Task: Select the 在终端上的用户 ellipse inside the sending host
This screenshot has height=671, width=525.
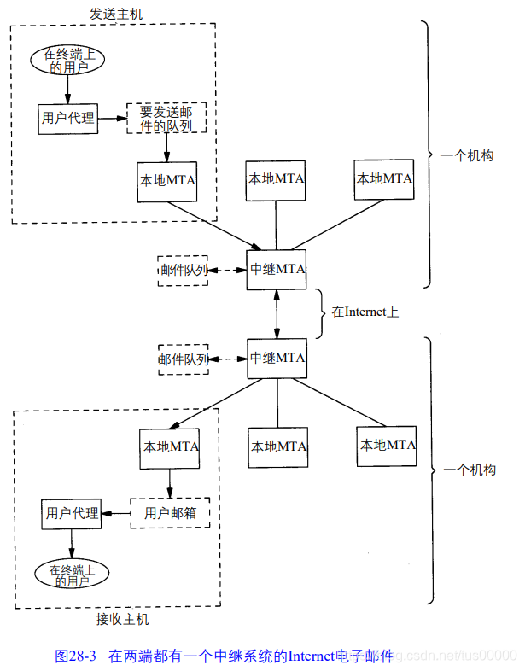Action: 69,59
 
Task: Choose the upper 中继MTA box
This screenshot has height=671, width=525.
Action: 277,270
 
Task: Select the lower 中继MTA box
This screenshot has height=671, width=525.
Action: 277,359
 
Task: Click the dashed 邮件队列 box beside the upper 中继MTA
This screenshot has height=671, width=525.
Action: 183,271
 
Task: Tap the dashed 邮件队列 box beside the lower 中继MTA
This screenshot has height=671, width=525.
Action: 183,359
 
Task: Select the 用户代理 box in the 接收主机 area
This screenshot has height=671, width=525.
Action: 72,513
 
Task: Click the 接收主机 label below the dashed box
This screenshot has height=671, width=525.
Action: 122,618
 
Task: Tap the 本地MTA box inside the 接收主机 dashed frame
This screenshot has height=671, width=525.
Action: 170,446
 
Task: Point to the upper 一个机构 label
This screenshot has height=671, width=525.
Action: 468,156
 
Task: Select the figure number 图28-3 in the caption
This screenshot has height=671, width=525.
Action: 75,656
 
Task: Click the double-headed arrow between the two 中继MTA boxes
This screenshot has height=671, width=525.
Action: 277,314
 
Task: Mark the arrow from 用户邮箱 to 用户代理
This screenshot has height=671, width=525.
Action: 115,513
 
